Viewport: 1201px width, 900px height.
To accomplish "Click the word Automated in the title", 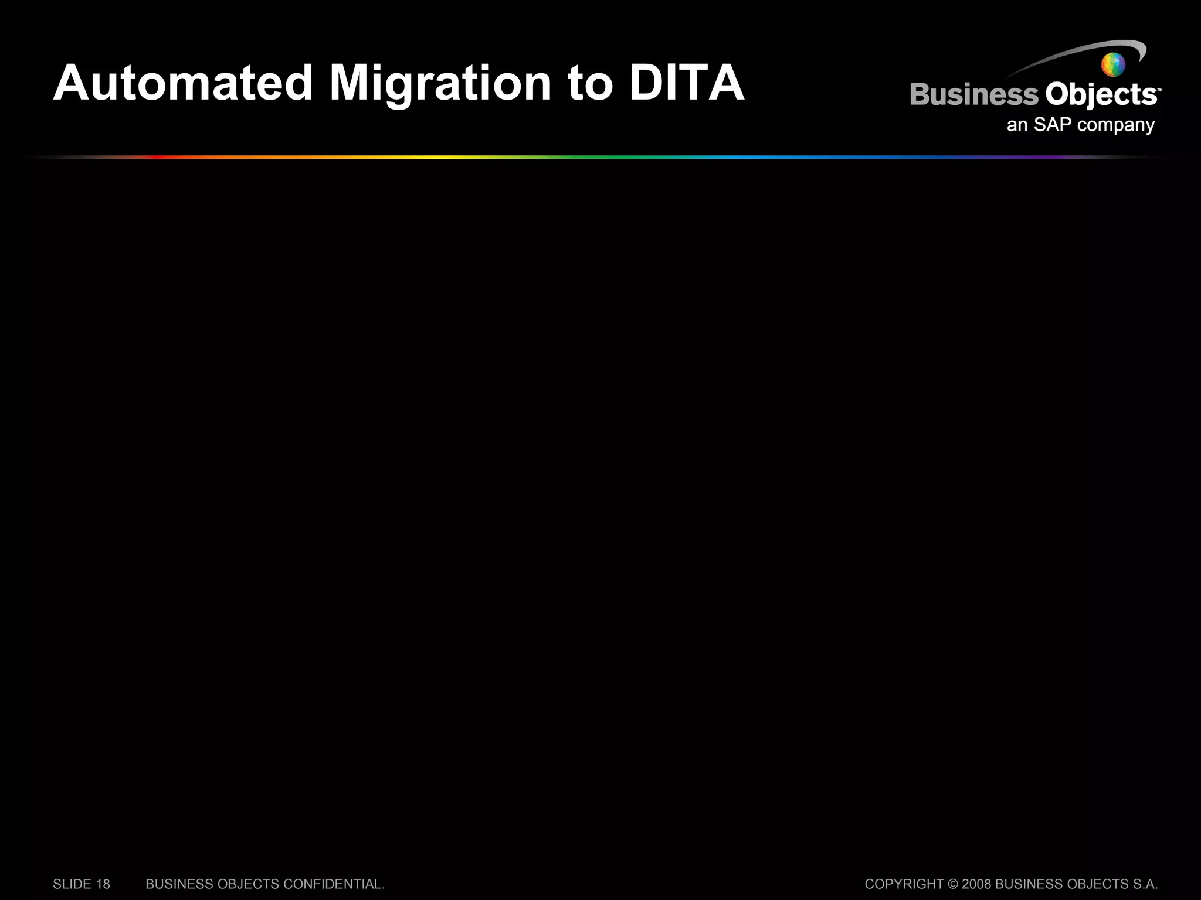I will (183, 83).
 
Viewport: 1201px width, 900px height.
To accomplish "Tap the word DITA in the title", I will (686, 83).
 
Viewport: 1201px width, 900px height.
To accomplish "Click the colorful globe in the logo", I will (1113, 64).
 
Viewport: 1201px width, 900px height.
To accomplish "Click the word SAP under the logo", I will (1052, 125).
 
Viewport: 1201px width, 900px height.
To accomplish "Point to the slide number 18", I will (103, 884).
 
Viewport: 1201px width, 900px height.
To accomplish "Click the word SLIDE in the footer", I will (72, 884).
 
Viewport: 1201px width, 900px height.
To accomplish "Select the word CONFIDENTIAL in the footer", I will (334, 884).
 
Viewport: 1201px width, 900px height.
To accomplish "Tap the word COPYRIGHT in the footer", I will (904, 884).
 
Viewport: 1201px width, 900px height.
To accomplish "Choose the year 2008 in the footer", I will (976, 884).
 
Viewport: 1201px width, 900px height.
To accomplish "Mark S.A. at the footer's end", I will (1145, 884).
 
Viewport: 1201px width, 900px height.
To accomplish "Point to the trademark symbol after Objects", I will (1159, 90).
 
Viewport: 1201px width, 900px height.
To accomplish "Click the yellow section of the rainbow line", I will (434, 157).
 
